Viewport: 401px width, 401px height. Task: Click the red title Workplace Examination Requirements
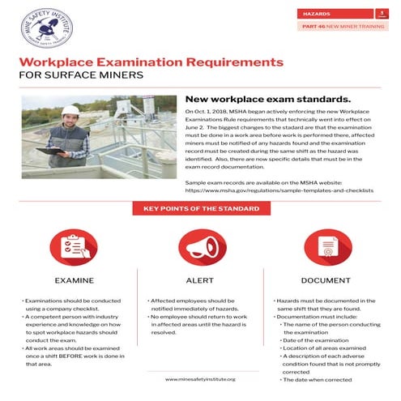(151, 62)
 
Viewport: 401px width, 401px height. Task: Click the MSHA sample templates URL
(279, 191)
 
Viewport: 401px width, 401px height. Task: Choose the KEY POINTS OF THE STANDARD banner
(201, 209)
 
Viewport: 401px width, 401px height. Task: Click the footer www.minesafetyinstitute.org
(200, 379)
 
